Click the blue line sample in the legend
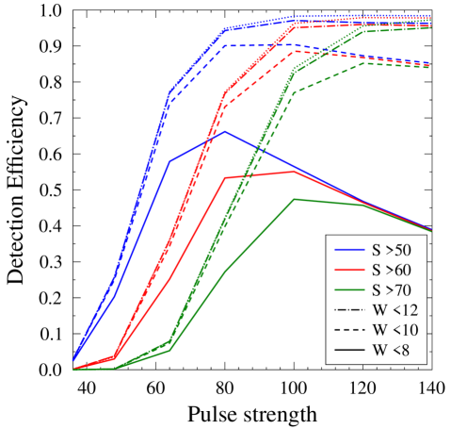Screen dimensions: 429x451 click(x=349, y=250)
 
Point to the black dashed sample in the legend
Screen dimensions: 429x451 click(x=349, y=330)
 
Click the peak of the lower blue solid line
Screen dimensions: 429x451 click(x=224, y=131)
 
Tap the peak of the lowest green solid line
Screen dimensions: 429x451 click(x=295, y=199)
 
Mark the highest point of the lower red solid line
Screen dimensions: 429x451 click(x=295, y=171)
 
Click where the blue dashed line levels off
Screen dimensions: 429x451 click(x=224, y=45)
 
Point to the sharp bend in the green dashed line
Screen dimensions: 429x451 click(x=295, y=91)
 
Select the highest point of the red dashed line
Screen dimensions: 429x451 click(x=295, y=51)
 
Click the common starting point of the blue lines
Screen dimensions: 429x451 click(x=73, y=359)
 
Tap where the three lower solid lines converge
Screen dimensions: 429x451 click(x=431, y=230)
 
